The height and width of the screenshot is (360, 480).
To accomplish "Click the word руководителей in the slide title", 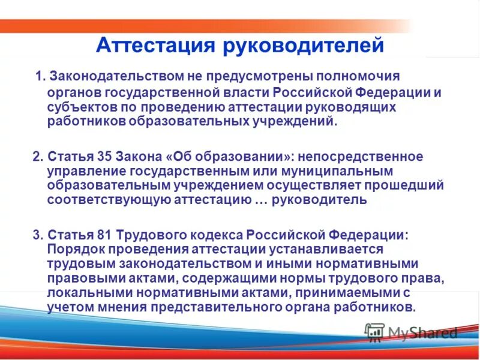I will pos(304,46).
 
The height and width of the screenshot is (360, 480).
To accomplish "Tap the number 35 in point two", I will pos(103,157).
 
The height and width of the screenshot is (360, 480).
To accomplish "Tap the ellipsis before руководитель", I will pos(260,200).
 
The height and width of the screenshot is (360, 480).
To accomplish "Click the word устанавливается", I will pos(318,248).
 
